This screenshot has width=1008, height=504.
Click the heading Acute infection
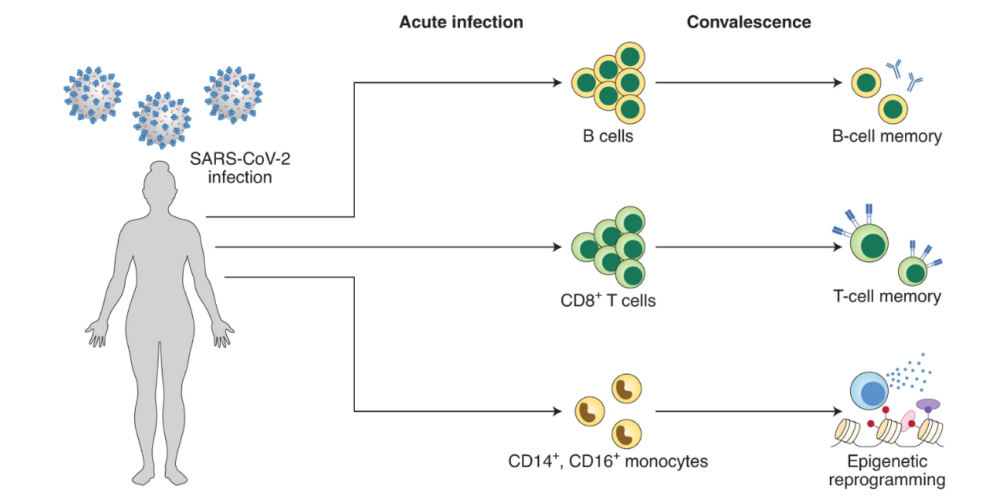coord(461,22)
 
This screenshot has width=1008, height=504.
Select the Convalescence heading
coord(749,22)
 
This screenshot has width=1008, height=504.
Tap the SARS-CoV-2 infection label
coord(239,168)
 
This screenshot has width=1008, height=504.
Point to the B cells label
coord(608,137)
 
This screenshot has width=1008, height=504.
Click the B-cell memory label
coord(887,137)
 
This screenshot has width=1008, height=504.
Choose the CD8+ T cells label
coord(608,300)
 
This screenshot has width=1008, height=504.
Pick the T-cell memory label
coord(887,297)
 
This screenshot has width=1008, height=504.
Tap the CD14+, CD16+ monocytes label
coord(608,461)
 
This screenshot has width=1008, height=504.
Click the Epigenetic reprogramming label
coord(887,470)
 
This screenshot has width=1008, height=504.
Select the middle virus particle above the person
coord(162,122)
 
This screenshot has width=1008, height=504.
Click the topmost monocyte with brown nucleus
coord(626,388)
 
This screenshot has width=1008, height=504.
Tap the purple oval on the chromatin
coord(929,404)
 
